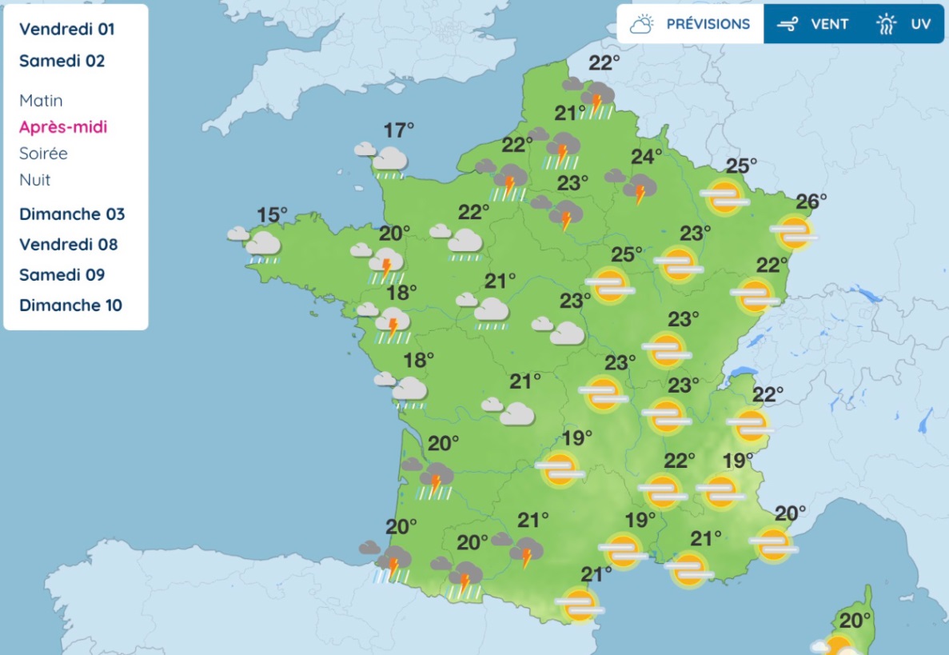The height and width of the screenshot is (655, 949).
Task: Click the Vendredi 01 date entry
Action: click(67, 30)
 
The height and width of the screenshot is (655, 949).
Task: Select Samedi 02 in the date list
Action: click(62, 61)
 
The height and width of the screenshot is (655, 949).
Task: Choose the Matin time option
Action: click(41, 101)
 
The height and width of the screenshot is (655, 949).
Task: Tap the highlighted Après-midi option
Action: click(63, 127)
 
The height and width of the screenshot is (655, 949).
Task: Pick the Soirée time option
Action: click(43, 154)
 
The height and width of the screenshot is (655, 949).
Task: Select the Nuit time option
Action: click(35, 180)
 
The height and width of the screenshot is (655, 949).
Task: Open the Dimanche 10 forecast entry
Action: click(70, 305)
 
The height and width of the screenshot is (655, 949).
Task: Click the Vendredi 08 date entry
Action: click(69, 244)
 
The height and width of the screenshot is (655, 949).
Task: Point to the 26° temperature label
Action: click(811, 202)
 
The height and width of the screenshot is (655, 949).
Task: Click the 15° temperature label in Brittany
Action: click(272, 214)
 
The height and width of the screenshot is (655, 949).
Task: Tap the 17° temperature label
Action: click(399, 129)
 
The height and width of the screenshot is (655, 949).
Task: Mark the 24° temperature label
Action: click(647, 156)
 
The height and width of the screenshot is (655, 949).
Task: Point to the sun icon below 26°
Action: click(794, 233)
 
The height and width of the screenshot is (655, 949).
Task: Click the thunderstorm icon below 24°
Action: click(636, 188)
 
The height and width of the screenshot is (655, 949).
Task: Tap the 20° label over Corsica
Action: click(855, 620)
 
